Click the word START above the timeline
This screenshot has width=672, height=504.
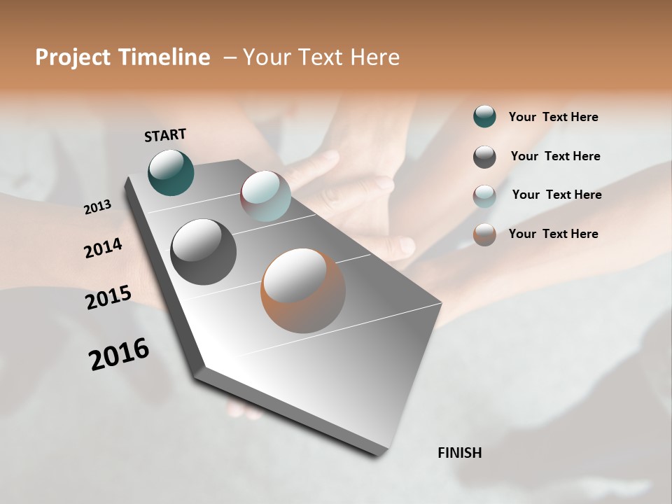point(165,135)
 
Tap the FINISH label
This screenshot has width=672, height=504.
point(460,453)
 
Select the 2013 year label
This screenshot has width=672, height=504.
point(97,207)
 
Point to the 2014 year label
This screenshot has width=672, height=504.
point(103,248)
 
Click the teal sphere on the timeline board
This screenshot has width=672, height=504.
point(171,172)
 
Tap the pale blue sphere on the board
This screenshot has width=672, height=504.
point(265,196)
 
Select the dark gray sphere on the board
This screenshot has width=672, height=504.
point(204,251)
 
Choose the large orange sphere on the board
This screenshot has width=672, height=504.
point(303,290)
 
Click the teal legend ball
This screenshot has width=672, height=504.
point(484,116)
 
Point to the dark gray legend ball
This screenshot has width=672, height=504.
point(484,157)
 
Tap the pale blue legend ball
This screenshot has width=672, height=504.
point(484,196)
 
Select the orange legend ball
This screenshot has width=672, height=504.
point(484,234)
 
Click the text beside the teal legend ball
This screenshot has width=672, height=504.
point(554,117)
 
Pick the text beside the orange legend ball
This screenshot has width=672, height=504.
point(554,234)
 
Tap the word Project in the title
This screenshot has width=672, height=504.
point(71,57)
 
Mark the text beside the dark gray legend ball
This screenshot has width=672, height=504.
point(556,156)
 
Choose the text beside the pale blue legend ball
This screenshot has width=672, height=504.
point(557,195)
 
